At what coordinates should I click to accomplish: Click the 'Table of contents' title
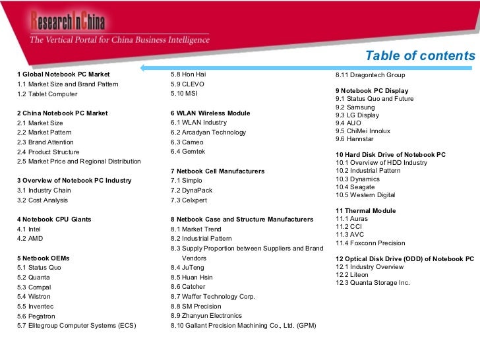click(419, 55)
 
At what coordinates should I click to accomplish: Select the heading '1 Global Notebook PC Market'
click(63, 75)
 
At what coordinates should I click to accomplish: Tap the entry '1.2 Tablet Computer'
click(47, 94)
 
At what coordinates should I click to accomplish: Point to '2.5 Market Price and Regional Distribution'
click(78, 162)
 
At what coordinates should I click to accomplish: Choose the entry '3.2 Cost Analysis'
click(42, 200)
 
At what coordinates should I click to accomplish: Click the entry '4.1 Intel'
click(29, 229)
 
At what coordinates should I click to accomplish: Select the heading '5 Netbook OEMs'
click(43, 258)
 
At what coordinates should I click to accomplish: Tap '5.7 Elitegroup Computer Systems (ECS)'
click(76, 326)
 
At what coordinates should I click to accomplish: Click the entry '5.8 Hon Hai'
click(188, 75)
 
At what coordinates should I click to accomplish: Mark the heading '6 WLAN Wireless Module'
click(210, 113)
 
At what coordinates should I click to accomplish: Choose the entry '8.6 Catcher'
click(188, 287)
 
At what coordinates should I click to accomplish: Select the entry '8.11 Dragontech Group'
click(370, 75)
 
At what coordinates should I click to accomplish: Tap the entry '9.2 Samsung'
click(355, 107)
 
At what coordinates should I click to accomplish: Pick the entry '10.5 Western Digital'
click(365, 195)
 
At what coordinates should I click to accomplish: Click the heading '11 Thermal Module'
click(366, 211)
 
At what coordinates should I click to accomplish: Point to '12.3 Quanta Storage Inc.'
click(373, 283)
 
